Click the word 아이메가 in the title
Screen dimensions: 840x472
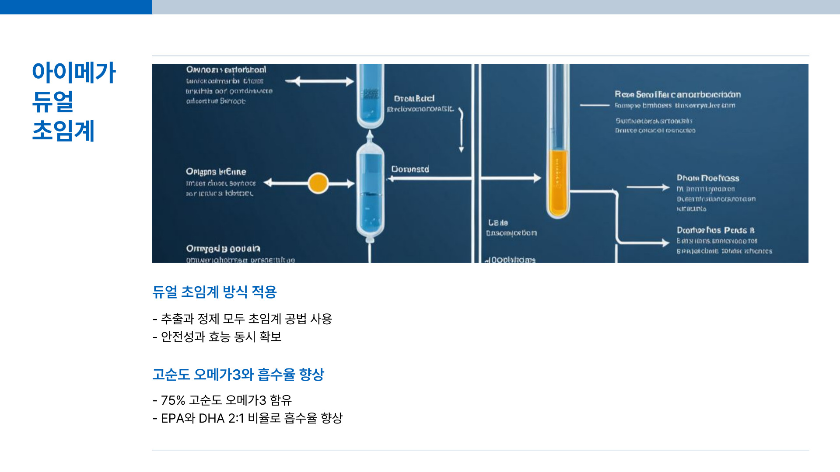73,72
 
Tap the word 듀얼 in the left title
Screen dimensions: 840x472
53,101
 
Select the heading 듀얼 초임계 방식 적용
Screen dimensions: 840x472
214,292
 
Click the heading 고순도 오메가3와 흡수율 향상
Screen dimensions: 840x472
238,375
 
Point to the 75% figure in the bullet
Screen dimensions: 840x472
173,400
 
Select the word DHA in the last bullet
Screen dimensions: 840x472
211,418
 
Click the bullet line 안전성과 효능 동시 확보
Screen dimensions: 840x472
221,337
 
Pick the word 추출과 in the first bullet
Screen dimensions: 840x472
177,319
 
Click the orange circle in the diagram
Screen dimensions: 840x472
318,183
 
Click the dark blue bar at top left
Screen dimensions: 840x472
76,7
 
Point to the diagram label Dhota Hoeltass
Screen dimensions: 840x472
707,178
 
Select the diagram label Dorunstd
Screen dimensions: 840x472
410,169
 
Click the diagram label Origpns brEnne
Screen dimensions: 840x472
216,172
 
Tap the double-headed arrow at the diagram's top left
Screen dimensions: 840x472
319,81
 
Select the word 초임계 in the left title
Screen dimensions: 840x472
63,131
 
